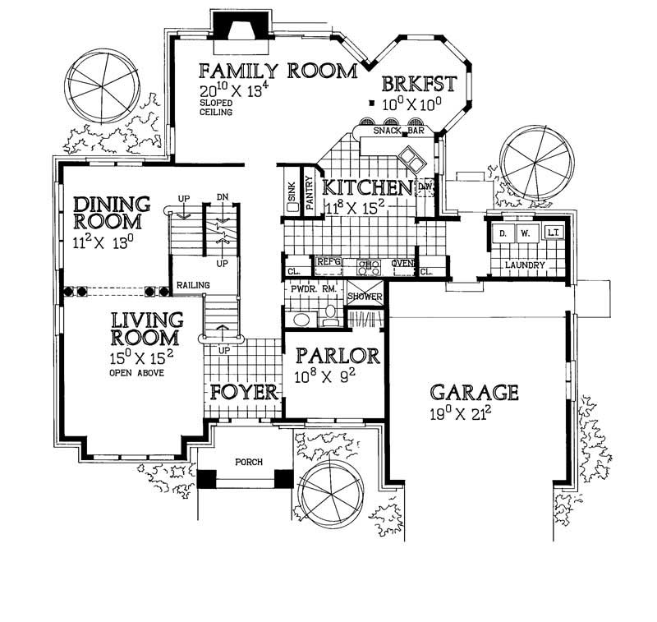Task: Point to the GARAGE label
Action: (475, 392)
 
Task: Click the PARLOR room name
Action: (338, 357)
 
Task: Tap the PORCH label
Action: (248, 462)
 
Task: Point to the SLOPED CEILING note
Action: (216, 108)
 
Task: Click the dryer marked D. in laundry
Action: (500, 234)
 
